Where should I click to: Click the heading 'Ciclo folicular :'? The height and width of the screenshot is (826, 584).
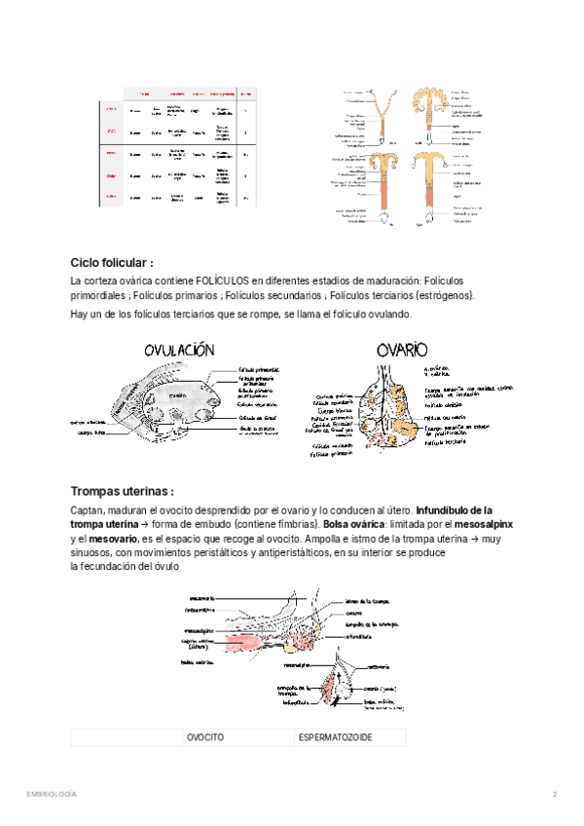pyautogui.click(x=112, y=263)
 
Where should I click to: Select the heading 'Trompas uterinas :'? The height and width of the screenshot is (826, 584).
pyautogui.click(x=123, y=491)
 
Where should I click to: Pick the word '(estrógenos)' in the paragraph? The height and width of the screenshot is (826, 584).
pyautogui.click(x=444, y=295)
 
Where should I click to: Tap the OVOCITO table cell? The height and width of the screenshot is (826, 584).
pyautogui.click(x=205, y=737)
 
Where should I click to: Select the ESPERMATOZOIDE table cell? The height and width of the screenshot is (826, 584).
pyautogui.click(x=335, y=737)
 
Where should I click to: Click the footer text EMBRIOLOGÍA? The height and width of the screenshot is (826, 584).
pyautogui.click(x=52, y=795)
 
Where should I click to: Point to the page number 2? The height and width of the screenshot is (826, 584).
pyautogui.click(x=554, y=795)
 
